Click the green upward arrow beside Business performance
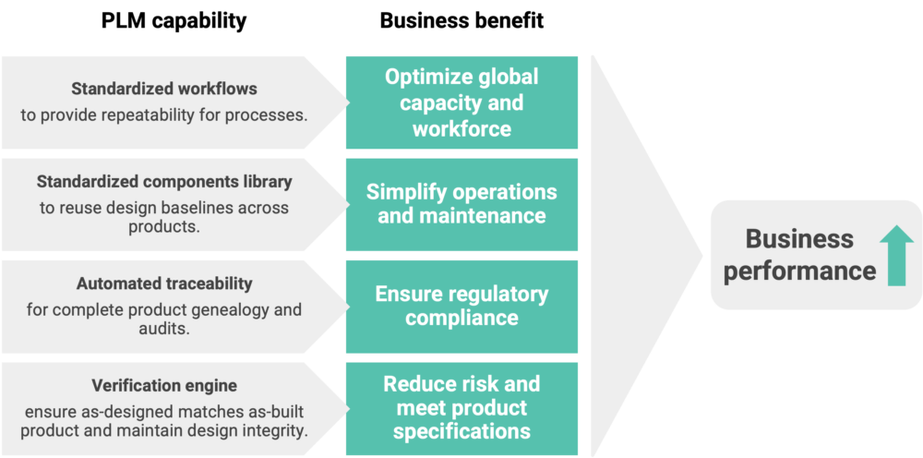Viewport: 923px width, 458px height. pos(896,257)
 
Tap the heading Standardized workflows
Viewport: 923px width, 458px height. pos(164,90)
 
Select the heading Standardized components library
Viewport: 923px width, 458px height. pos(164,182)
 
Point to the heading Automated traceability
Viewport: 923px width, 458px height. pos(164,283)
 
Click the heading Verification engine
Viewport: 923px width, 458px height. pos(164,385)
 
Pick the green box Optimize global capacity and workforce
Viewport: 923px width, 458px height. pos(461,102)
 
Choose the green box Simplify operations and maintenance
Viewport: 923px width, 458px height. pos(461,204)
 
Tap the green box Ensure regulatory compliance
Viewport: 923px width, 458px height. pos(461,306)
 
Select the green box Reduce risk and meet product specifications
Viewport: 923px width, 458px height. pos(461,407)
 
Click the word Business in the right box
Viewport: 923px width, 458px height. pos(786,239)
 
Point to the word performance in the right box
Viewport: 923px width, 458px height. pos(799,271)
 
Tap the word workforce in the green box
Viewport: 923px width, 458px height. pos(461,128)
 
